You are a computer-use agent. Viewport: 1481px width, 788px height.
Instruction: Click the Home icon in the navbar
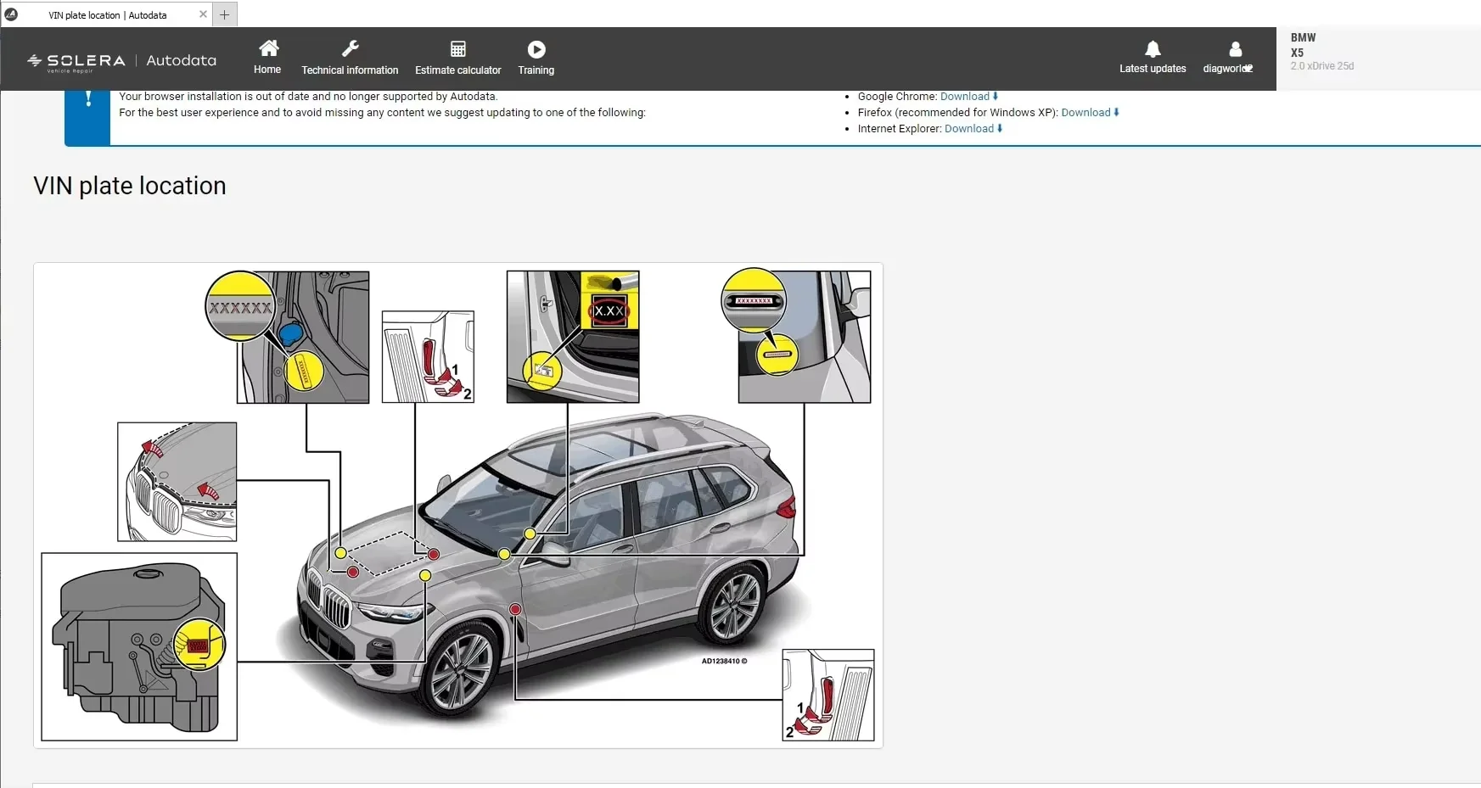tap(268, 48)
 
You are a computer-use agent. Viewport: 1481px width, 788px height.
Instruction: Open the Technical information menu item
tap(350, 70)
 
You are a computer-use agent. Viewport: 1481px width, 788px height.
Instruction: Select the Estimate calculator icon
tap(457, 49)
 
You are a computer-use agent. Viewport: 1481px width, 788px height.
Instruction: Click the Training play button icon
tap(536, 49)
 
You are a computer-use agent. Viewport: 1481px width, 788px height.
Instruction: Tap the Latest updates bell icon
tap(1153, 49)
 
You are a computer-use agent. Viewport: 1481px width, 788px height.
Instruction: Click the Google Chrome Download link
tap(965, 97)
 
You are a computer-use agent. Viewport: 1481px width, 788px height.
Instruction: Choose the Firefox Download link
tap(1086, 113)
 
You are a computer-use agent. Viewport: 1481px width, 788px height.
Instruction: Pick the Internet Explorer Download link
tap(969, 129)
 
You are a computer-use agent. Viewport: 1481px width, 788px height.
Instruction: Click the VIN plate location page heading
tap(130, 186)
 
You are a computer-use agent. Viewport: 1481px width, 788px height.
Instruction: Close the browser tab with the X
tap(203, 14)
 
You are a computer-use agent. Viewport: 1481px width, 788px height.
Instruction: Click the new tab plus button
tap(224, 14)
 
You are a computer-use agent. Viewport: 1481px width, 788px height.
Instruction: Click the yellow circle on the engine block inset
tap(199, 645)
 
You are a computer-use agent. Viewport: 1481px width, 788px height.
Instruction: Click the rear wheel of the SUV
tap(732, 606)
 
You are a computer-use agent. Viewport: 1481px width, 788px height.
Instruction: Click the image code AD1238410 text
tap(724, 662)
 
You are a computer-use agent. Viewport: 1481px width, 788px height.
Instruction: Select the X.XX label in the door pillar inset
tap(609, 311)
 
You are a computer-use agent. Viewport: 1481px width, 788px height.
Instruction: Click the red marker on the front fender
tap(515, 609)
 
